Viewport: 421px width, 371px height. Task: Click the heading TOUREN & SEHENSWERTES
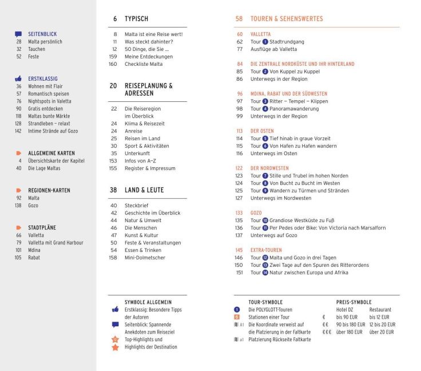point(287,19)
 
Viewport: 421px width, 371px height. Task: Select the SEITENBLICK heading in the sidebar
point(42,34)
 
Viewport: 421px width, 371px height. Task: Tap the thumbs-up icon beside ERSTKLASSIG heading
point(19,78)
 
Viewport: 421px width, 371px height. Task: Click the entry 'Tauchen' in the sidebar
point(37,49)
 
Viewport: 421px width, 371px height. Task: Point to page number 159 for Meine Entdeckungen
point(113,57)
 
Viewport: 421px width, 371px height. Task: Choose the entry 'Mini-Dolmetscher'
point(145,257)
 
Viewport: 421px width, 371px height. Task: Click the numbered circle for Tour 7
point(265,176)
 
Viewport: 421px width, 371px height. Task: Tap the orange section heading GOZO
point(256,212)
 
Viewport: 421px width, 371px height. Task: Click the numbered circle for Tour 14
point(265,273)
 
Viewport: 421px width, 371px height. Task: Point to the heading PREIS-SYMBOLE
point(354,302)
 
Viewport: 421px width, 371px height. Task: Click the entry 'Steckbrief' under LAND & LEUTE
point(137,205)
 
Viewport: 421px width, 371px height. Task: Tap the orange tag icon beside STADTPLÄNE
point(19,227)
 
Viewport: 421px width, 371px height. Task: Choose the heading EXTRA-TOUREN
point(266,250)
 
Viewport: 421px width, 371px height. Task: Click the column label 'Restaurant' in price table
point(380,309)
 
